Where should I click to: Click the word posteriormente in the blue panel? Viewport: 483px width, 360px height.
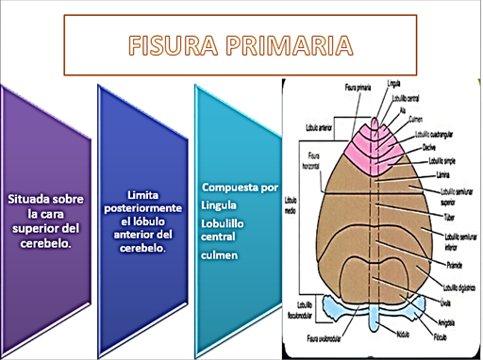[x=140, y=207]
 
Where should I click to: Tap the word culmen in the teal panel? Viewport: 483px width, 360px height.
[x=219, y=254]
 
